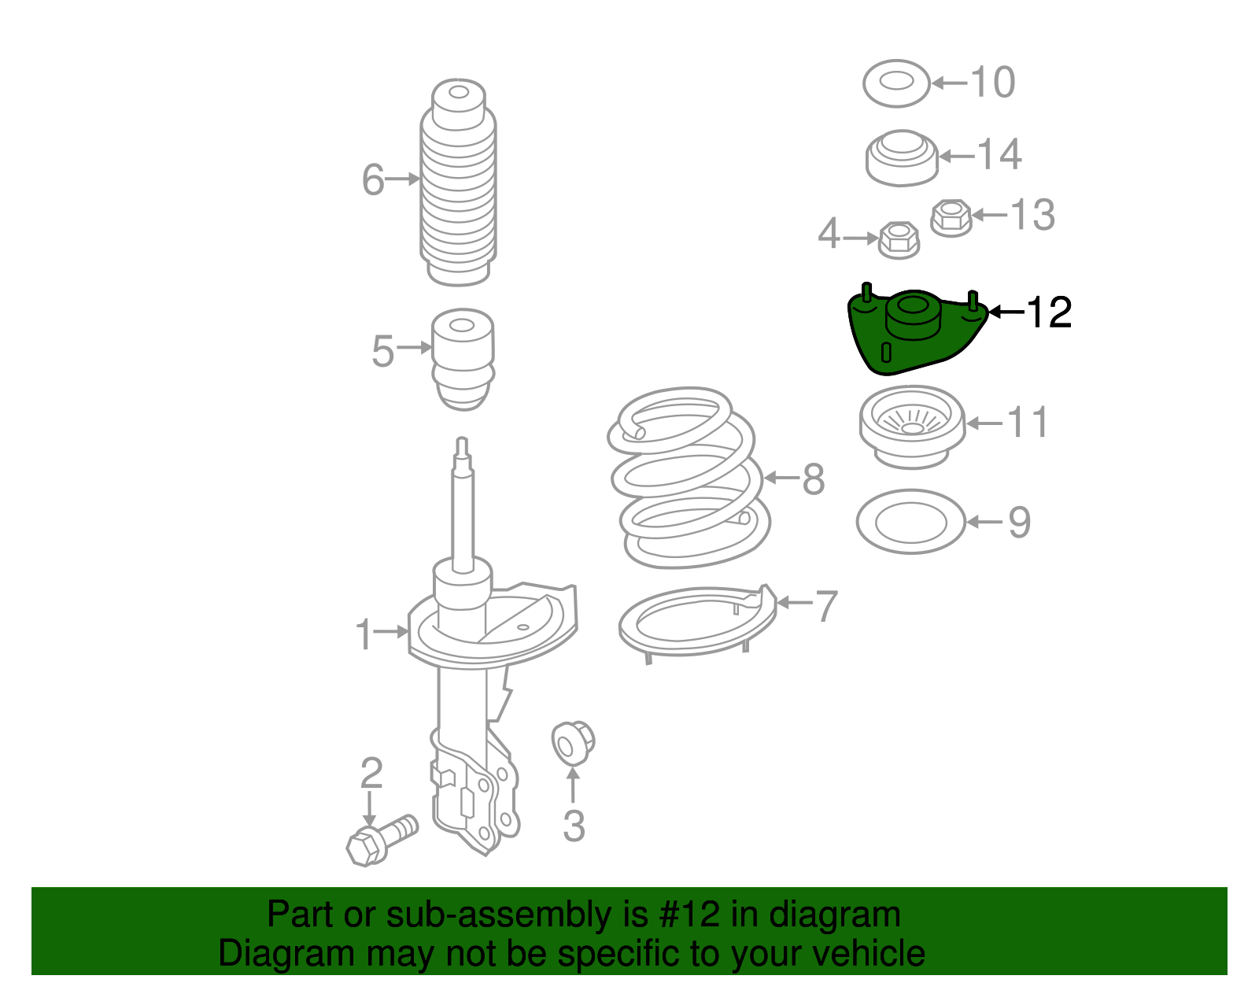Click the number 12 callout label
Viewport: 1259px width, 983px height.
(1049, 312)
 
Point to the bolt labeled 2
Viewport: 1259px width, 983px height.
(381, 841)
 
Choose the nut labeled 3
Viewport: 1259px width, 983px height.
(573, 744)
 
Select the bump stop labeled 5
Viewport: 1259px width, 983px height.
(463, 359)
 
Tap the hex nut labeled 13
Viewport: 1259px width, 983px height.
(951, 218)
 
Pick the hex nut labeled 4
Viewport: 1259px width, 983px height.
(899, 240)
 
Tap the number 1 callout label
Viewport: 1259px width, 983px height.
(364, 634)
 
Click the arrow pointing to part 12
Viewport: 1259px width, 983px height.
(1007, 312)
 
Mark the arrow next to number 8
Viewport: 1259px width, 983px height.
(782, 478)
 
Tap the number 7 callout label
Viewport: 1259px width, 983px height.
(825, 606)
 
